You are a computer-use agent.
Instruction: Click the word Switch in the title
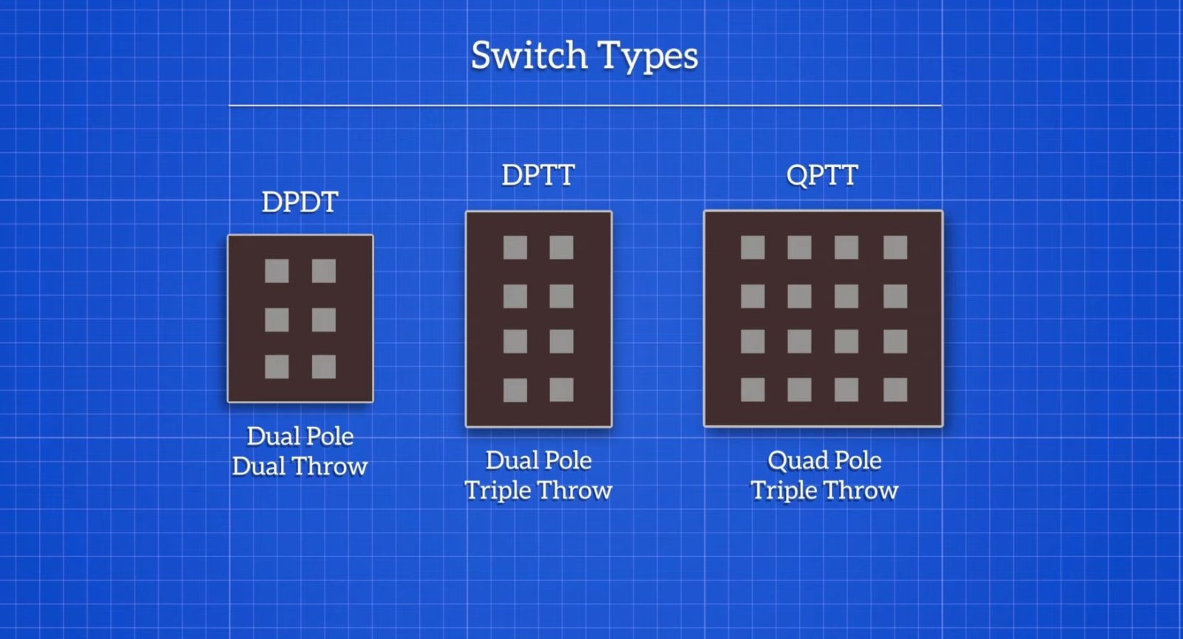coord(529,56)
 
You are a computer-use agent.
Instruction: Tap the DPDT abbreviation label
coord(299,202)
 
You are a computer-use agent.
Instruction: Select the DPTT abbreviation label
coord(538,176)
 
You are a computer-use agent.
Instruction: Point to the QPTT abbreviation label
coord(821,176)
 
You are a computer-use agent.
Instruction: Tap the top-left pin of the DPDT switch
coord(277,271)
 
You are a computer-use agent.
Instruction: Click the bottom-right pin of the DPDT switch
coord(324,366)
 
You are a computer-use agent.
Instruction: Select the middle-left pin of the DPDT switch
coord(277,320)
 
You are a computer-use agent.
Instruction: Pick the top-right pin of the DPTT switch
coord(561,247)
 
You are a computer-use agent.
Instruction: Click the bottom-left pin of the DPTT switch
coord(515,390)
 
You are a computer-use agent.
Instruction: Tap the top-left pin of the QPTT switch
coord(753,247)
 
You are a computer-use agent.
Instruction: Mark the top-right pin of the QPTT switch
coord(895,247)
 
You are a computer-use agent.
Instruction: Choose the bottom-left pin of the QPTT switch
coord(753,390)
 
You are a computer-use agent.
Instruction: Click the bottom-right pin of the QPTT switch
coord(895,390)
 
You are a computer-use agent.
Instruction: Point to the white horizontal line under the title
coord(585,106)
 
